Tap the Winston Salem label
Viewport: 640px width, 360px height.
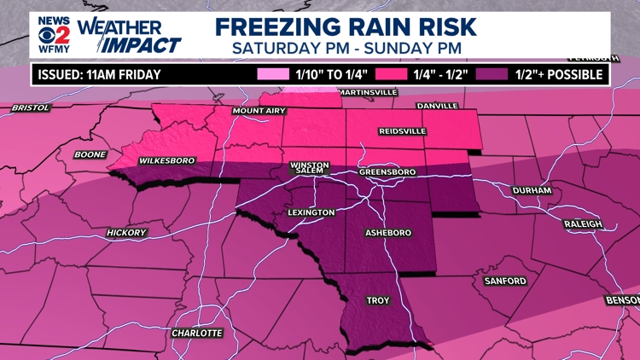pos(309,168)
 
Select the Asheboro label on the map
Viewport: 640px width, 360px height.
pos(388,233)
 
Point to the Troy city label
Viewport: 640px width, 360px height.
pos(378,300)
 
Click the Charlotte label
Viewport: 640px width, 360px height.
pos(197,333)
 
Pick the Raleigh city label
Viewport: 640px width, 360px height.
pos(583,224)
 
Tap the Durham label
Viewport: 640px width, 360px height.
pos(532,190)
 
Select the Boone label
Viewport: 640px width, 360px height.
pos(90,154)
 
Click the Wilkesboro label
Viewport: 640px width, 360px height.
pos(166,160)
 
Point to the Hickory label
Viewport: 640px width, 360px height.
pos(127,233)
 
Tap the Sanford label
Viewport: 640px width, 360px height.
pos(505,281)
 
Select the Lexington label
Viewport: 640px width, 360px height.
pos(311,212)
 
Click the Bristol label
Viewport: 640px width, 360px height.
pos(32,108)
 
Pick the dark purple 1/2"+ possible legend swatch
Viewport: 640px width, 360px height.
pos(492,74)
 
